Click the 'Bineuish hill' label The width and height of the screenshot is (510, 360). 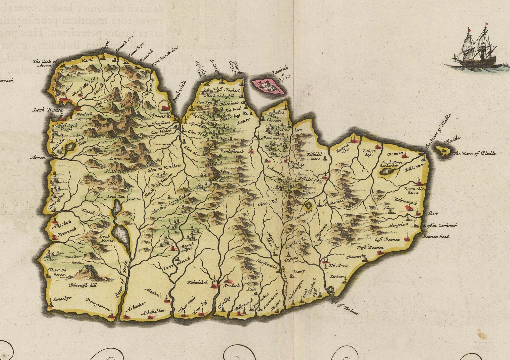[x=83, y=285]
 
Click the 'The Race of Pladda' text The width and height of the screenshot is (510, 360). [x=474, y=153]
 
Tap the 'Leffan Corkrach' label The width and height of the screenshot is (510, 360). [x=440, y=226]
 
